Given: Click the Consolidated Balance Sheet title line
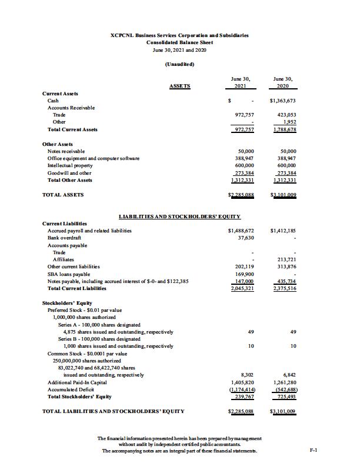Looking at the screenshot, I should pos(179,42).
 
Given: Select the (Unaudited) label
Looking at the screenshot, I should pos(179,64).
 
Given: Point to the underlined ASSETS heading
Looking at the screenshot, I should pos(179,86).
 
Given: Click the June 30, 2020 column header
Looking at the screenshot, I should pos(283,82).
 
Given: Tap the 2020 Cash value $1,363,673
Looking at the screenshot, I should pos(282,101).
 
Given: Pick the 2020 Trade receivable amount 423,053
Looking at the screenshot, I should pos(286,115).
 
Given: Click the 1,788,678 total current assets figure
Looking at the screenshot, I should pos(285,129).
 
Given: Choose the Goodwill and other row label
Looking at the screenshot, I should pos(69,173).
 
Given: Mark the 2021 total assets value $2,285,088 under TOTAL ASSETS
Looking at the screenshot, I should pos(240,195).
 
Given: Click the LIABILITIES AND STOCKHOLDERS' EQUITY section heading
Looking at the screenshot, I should pos(179,217).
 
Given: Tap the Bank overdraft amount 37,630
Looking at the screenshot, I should pos(245,238).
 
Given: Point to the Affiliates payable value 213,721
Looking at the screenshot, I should pos(286,259).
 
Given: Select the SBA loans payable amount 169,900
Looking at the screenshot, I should pos(244,274).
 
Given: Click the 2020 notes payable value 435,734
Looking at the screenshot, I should pos(286,281).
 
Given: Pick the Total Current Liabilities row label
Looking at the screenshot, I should pos(76,288).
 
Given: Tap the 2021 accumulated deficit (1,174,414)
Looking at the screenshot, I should pos(242,390).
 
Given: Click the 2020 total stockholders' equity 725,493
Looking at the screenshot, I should pos(286,397).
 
